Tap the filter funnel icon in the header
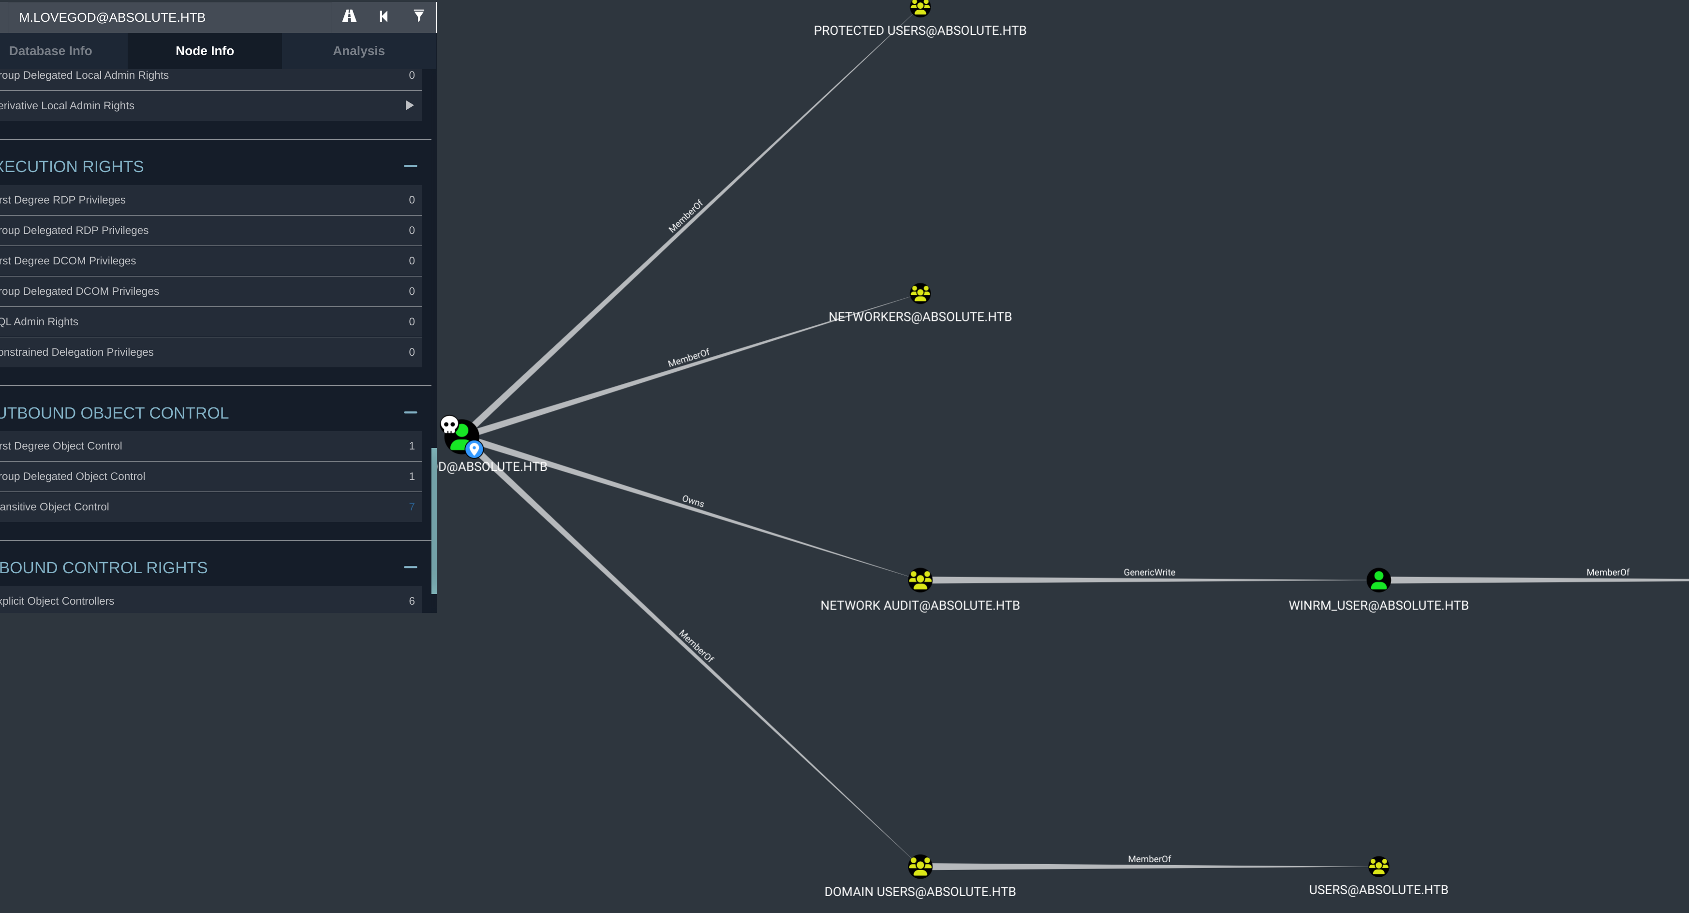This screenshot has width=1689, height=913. [x=418, y=16]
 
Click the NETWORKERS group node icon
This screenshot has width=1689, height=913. [x=920, y=293]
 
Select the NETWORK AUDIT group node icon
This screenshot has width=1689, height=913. [x=920, y=580]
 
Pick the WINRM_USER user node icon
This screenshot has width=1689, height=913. [x=1378, y=580]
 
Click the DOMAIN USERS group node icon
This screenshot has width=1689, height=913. [x=920, y=866]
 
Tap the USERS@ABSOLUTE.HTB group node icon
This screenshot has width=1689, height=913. [x=1378, y=866]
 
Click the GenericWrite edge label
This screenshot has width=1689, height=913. [x=1149, y=572]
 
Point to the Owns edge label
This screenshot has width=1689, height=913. [x=693, y=501]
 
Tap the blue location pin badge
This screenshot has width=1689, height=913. [x=474, y=449]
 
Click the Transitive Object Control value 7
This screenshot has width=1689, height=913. [x=412, y=507]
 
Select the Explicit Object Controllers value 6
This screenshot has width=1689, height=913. [x=412, y=601]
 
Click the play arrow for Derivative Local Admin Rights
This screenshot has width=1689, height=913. [x=409, y=105]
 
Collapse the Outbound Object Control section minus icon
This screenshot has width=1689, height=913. [x=411, y=412]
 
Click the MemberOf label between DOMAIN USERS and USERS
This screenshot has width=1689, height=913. [x=1149, y=858]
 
